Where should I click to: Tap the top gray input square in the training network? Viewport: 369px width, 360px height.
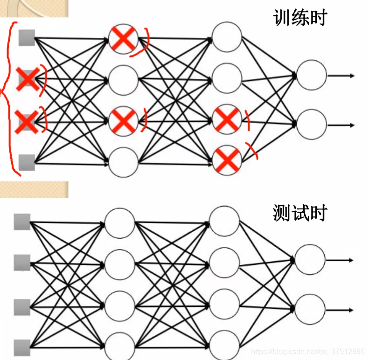click(27, 37)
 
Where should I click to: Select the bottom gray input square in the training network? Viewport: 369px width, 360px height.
click(27, 162)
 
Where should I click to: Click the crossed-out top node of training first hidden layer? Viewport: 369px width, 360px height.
click(123, 39)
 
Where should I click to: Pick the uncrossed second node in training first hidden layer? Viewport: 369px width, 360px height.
click(123, 80)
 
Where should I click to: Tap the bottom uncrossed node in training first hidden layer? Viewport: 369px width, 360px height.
click(123, 162)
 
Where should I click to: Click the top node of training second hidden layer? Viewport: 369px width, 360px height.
click(227, 36)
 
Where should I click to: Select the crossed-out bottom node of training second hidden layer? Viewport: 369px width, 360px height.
click(227, 160)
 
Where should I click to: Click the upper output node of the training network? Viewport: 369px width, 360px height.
click(312, 76)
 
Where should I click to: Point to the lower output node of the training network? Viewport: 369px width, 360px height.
click(312, 125)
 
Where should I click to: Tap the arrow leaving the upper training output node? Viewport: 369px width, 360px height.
click(341, 76)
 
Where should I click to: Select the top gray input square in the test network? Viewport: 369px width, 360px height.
click(22, 222)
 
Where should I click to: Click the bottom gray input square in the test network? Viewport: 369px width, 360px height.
click(22, 347)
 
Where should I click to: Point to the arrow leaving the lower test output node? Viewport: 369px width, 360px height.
click(340, 309)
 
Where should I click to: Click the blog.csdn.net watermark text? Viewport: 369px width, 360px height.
click(308, 351)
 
